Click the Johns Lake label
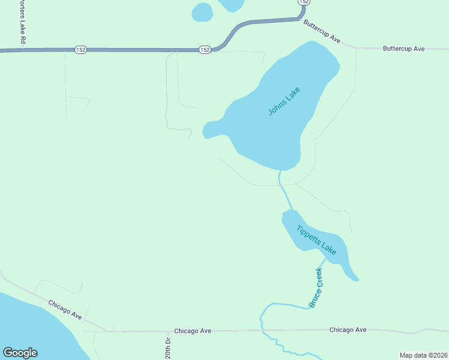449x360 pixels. click(x=284, y=101)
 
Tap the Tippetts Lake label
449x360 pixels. click(x=317, y=239)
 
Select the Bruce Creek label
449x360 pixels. click(x=316, y=288)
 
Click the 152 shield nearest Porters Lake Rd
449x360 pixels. click(x=81, y=50)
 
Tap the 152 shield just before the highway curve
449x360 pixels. click(x=205, y=50)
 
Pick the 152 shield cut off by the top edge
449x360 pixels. click(x=304, y=2)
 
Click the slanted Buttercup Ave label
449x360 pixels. click(x=322, y=32)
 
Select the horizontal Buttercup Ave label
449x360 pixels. click(x=403, y=48)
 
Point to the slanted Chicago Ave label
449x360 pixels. click(x=65, y=310)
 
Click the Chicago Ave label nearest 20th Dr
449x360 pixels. click(x=193, y=331)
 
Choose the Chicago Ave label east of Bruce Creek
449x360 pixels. click(x=348, y=330)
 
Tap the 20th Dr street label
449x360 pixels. click(x=168, y=349)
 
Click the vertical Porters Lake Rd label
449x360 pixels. click(x=25, y=22)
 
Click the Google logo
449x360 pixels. click(x=20, y=353)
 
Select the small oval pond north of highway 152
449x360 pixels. click(x=202, y=11)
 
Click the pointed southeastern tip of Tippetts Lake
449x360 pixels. click(x=356, y=279)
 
